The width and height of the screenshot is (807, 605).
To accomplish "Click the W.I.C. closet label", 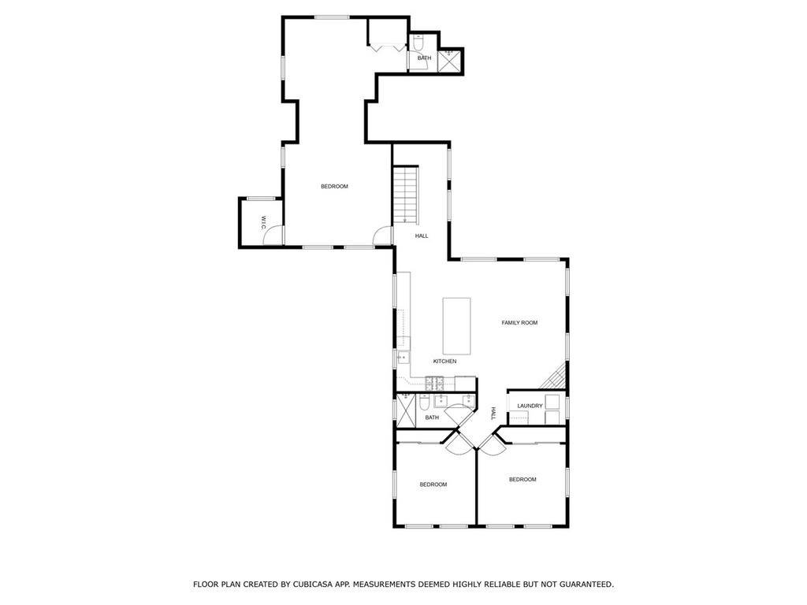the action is click(x=263, y=223).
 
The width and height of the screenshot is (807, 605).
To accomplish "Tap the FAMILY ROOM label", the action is click(x=519, y=323).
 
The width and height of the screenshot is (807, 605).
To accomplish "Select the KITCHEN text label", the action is click(x=444, y=362).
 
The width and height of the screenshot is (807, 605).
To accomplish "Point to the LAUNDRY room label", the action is click(x=530, y=406).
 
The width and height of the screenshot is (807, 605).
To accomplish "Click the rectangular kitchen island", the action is click(x=456, y=326).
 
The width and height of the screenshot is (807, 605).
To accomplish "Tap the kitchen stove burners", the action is click(x=434, y=383).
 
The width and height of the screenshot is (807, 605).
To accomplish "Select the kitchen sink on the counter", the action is click(x=403, y=357).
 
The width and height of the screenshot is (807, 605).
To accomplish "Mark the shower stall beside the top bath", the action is click(x=450, y=61).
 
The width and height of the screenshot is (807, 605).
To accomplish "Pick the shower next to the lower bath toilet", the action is click(x=406, y=410).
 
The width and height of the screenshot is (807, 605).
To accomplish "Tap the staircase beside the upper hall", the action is click(x=406, y=195).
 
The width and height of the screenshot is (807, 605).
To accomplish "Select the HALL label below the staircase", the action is click(x=422, y=236).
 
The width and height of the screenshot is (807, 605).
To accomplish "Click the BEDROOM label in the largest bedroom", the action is click(x=334, y=187).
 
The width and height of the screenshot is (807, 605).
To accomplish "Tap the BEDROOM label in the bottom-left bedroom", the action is click(x=433, y=484).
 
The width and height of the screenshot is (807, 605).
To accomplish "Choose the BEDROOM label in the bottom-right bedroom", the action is click(x=523, y=480).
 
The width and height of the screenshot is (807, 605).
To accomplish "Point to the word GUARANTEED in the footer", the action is click(x=586, y=585).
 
